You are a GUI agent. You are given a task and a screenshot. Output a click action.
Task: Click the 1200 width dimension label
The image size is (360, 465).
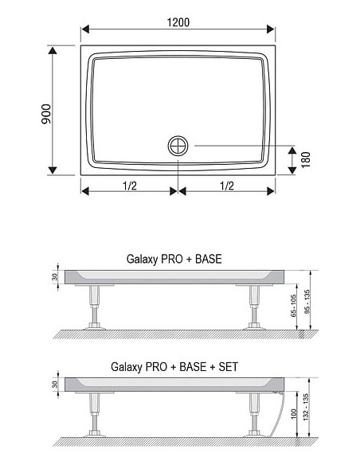(178, 22)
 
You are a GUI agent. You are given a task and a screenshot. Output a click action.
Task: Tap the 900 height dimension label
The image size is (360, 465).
(46, 114)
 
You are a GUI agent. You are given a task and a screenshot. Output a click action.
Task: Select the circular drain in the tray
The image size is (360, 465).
(178, 146)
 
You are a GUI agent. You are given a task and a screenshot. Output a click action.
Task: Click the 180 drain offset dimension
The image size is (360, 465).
(306, 160)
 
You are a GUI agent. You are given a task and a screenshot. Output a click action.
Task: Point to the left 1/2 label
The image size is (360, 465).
(130, 186)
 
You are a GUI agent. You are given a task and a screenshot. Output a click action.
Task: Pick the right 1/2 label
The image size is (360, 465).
(227, 186)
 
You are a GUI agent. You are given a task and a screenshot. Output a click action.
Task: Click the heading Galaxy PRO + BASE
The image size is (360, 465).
(174, 259)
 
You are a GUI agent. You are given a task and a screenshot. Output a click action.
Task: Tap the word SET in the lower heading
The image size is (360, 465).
(229, 367)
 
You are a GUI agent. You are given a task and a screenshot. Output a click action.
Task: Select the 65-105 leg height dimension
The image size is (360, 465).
(294, 306)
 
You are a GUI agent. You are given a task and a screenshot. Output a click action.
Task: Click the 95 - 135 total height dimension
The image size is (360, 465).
(307, 302)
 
